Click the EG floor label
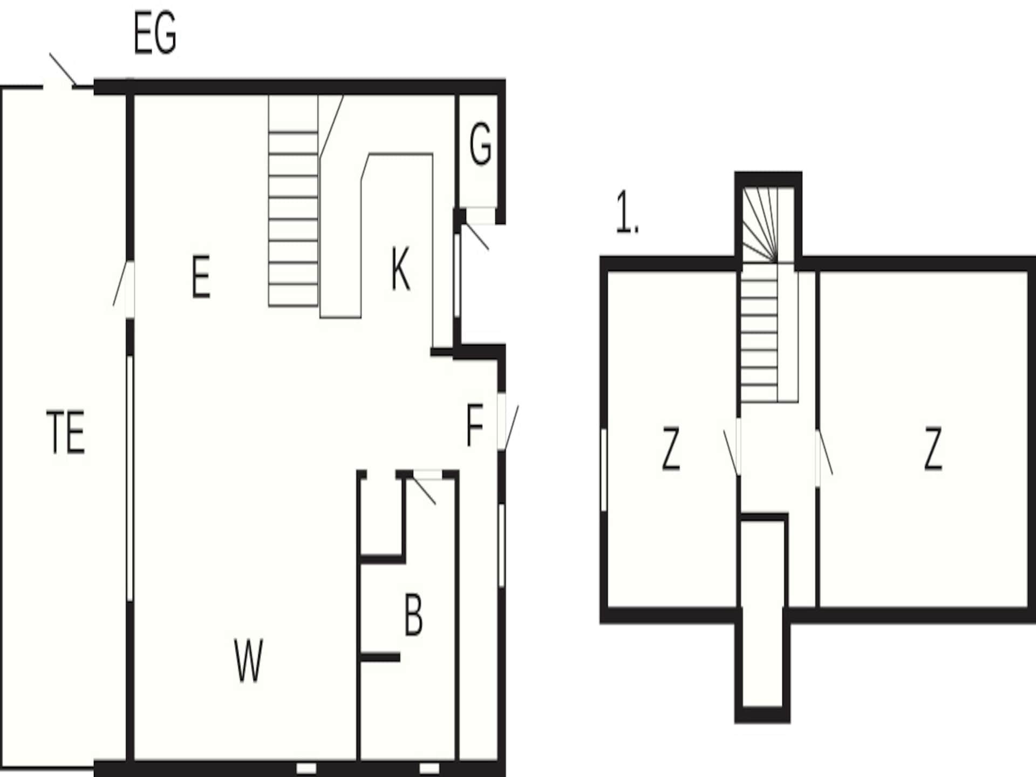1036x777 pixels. (155, 34)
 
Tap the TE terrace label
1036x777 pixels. (66, 432)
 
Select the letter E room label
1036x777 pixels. (201, 277)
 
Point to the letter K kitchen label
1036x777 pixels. (400, 269)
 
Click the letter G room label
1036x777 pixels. (480, 144)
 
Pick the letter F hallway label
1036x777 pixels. (474, 426)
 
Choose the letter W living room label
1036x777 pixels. (249, 660)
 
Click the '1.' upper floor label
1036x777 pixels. (627, 212)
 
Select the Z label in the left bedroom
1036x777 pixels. (671, 448)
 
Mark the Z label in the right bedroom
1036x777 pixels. (933, 448)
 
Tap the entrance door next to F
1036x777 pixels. (508, 422)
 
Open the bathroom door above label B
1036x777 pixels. (424, 487)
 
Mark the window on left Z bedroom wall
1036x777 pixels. (604, 469)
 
